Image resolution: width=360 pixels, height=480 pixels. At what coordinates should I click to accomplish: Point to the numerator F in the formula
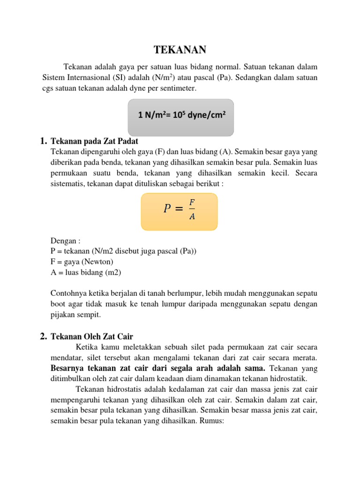point(192,202)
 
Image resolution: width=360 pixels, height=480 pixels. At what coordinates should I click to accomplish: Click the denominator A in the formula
point(192,217)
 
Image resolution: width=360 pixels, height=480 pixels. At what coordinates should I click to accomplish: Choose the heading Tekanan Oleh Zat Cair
point(92,336)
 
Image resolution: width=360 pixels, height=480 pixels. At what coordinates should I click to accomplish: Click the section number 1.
point(43,141)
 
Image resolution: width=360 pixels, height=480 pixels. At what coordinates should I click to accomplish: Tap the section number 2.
point(43,336)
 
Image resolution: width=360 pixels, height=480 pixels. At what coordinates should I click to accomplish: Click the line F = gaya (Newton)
point(82,262)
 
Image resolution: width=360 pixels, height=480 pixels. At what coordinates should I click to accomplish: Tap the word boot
point(59,304)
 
